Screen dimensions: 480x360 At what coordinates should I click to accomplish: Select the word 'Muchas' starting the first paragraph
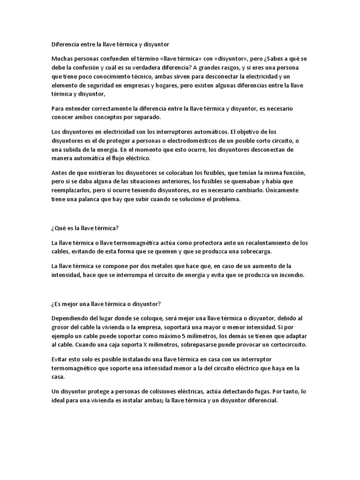[x=63, y=59]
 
